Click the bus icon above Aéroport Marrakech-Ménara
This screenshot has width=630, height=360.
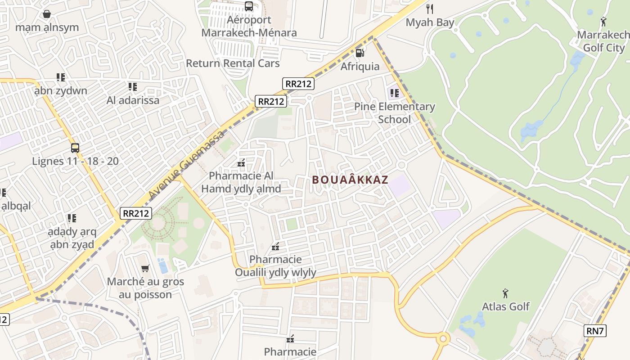(249, 6)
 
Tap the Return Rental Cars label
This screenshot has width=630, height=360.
(233, 63)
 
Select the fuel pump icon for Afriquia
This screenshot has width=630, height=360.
(360, 53)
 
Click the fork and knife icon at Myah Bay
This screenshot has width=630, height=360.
(430, 9)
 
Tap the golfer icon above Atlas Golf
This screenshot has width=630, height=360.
(506, 293)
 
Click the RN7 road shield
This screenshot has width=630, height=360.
(595, 331)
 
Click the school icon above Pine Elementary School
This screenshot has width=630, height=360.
(394, 93)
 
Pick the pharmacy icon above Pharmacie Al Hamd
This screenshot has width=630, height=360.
(241, 162)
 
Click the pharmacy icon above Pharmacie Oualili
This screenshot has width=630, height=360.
(275, 246)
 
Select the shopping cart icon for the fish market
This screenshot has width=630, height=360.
(145, 269)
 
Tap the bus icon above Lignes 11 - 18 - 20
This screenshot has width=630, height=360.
(75, 148)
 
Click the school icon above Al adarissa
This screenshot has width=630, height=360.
(132, 86)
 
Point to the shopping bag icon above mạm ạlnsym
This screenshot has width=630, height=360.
(47, 14)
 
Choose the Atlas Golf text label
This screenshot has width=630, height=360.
(506, 306)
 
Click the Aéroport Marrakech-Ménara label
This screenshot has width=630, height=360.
(249, 27)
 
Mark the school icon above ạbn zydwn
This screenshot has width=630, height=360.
(61, 77)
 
